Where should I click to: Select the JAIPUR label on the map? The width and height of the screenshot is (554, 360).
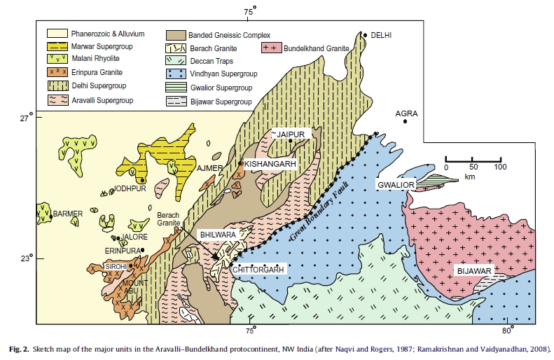click(x=291, y=133)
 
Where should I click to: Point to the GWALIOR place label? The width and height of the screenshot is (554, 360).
click(x=396, y=184)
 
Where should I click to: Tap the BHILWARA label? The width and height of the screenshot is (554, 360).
click(x=218, y=235)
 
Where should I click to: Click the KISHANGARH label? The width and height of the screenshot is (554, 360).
click(x=272, y=163)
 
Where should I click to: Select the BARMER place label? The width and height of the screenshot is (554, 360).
click(x=68, y=214)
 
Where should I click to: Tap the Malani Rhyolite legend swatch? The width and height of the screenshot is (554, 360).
click(x=60, y=60)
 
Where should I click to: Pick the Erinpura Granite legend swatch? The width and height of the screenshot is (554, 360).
click(x=60, y=74)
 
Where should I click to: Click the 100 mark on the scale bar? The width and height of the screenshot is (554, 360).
click(x=499, y=167)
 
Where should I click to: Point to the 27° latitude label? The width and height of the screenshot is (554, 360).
click(x=26, y=118)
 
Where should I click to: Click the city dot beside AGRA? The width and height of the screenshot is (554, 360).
click(x=405, y=123)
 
